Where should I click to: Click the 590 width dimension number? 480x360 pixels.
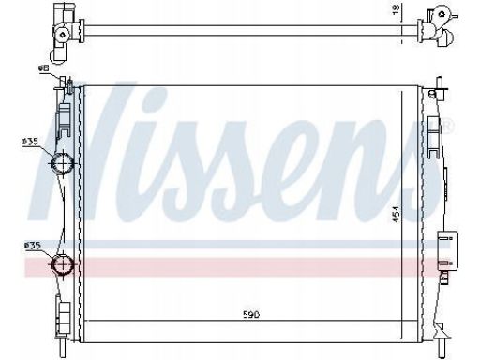(x=251, y=314)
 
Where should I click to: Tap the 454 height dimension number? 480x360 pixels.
(x=396, y=215)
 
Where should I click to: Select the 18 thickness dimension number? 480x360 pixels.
(x=396, y=9)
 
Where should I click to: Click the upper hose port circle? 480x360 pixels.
(x=62, y=162)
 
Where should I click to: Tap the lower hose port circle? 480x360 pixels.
(x=62, y=264)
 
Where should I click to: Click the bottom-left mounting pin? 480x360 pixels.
(x=61, y=349)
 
